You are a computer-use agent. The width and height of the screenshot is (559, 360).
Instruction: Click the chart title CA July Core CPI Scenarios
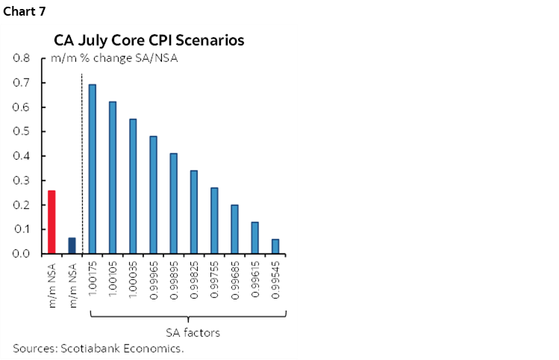tap(148, 40)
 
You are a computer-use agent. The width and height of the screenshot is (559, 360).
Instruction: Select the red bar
tap(51, 223)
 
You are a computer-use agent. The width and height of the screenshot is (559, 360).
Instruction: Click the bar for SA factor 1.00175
tap(93, 170)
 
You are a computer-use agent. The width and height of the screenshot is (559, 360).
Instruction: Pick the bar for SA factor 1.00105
tap(113, 178)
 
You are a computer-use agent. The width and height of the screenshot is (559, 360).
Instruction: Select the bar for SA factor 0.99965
tap(153, 195)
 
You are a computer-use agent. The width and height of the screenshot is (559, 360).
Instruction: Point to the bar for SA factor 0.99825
tap(193, 212)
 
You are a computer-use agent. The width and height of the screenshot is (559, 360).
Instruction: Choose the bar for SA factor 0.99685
tap(234, 229)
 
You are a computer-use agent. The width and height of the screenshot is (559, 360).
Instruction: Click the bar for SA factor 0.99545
tap(275, 246)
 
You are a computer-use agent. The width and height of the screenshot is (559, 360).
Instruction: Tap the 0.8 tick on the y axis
tap(22, 58)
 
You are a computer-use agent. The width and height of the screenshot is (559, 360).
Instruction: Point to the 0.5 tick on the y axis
tap(22, 131)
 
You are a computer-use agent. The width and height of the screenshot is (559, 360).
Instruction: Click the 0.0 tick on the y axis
tap(22, 254)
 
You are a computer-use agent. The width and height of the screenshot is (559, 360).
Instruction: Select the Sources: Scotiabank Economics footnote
tap(98, 349)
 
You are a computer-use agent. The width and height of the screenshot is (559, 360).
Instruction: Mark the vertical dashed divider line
tap(81, 164)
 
